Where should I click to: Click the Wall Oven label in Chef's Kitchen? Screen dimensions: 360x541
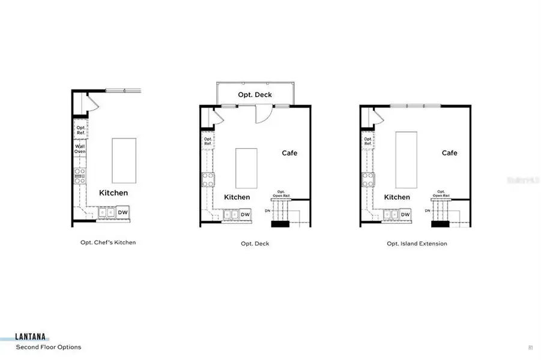coord(80,149)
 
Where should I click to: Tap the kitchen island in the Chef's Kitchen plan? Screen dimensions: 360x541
coord(124,161)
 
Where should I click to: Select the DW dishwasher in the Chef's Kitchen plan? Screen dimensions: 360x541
coord(122,212)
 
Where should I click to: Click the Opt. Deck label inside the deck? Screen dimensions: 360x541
coord(255,95)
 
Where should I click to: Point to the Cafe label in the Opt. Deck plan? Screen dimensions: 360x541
coord(289,153)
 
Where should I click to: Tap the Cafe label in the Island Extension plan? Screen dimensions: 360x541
coord(449,153)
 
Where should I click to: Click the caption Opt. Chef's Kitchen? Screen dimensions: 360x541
coord(108,242)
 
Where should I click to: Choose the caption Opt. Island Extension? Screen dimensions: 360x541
coord(417,244)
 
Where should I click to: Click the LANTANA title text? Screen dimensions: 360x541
coord(32,338)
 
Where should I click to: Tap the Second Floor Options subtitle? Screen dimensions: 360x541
coord(49,347)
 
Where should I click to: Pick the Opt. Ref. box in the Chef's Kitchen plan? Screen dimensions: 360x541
coord(80,128)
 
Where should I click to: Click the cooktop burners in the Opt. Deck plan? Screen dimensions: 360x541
coord(207,179)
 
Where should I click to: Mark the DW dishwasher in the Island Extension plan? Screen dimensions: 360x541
coord(405,214)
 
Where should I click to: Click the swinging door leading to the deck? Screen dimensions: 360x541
coord(263,114)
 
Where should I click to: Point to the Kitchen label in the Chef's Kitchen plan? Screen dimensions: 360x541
coord(113,193)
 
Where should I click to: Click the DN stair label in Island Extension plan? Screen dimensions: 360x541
coord(428,211)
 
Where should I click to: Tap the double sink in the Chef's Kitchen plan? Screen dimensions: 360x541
coord(106,212)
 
